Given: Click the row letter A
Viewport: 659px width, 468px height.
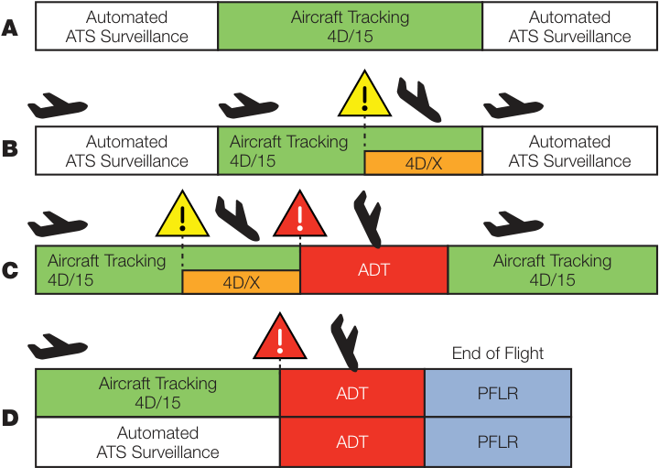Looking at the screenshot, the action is click(x=10, y=28).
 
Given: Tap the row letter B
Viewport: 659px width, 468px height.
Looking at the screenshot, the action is click(x=10, y=148).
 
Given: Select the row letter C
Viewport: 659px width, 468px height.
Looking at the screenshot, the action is click(x=10, y=270).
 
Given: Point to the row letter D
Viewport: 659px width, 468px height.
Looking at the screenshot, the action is click(x=10, y=418).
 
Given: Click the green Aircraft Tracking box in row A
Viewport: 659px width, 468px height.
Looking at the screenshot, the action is click(x=350, y=26).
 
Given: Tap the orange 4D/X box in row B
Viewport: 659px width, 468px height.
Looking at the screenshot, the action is click(x=423, y=163).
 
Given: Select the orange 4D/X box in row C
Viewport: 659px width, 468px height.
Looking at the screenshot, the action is click(x=242, y=282).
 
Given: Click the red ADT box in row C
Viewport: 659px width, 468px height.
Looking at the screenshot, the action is click(x=374, y=269).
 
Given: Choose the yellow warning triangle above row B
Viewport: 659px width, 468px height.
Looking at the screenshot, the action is click(x=365, y=93).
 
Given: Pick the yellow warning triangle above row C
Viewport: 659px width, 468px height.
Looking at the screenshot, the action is click(x=182, y=213).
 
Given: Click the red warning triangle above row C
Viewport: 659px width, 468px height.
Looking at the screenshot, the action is click(x=299, y=213).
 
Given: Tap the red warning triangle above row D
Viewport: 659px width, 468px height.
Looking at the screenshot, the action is click(x=280, y=336).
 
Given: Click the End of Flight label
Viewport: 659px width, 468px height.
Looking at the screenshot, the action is click(x=498, y=354).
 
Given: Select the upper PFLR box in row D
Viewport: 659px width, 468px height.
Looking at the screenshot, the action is click(x=498, y=393).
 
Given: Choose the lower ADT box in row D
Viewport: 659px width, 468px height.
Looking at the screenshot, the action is click(x=352, y=442).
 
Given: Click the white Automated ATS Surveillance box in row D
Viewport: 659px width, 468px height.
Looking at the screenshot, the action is click(x=157, y=442).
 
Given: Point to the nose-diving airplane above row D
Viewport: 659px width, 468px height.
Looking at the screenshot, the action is click(x=345, y=343).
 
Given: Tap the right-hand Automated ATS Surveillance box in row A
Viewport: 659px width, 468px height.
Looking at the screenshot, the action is click(x=569, y=26).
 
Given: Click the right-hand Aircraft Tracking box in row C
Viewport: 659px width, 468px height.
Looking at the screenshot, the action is click(x=552, y=269).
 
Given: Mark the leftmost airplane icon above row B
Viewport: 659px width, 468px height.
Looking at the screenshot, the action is click(x=58, y=105).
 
